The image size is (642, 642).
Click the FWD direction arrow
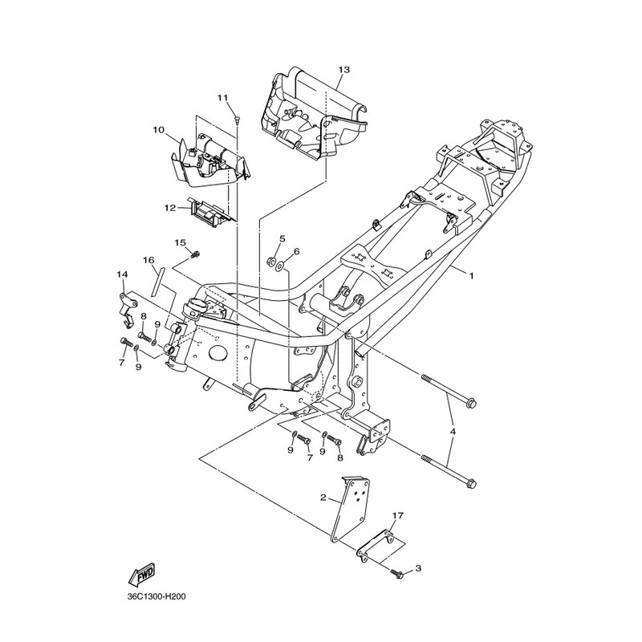coord(141,572)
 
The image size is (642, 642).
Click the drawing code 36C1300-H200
coord(156,596)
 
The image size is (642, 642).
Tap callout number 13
coord(344,70)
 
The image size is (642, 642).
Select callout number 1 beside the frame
coord(471,276)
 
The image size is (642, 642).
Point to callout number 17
coord(398,515)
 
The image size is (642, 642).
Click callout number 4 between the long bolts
coord(453,432)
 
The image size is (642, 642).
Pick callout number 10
coord(158,130)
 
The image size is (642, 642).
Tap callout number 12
coord(170,208)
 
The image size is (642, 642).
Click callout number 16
coord(148,260)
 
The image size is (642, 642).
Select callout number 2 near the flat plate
coord(323,498)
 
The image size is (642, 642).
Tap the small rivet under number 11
coord(237,119)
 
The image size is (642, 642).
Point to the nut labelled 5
coord(271,260)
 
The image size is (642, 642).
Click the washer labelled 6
coord(280,267)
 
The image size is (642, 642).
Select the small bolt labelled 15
coord(195,254)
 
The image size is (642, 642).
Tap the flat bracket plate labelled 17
coord(376,547)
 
